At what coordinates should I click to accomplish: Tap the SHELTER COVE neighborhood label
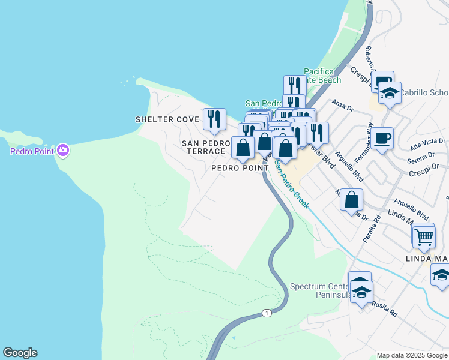[167, 119]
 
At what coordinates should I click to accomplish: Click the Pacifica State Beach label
[322, 76]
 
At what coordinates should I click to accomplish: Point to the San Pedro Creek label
[291, 183]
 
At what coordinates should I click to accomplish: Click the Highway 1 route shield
[267, 313]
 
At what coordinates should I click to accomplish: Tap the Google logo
[20, 353]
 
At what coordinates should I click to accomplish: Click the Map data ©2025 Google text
[412, 355]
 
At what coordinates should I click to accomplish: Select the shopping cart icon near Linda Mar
[424, 236]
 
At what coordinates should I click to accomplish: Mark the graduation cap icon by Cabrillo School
[390, 94]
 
